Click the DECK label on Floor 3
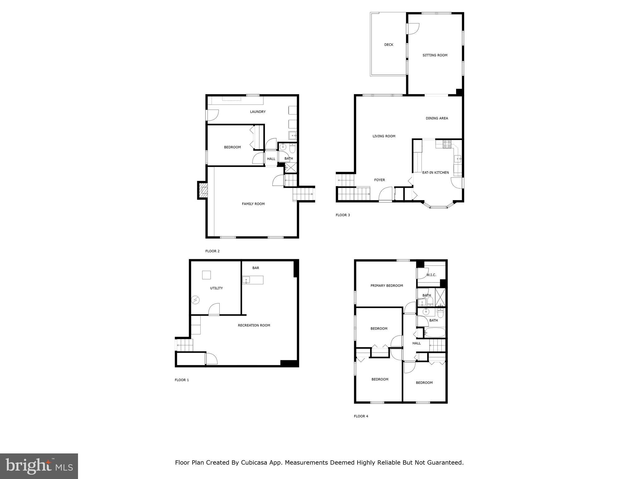point(388,45)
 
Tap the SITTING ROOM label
point(435,55)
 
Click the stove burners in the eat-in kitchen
point(447,144)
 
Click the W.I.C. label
point(431,275)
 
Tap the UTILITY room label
point(216,288)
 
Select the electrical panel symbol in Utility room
point(196,300)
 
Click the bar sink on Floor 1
point(246,280)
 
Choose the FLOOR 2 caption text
point(212,251)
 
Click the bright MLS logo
point(39,466)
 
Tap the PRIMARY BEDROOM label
point(387,285)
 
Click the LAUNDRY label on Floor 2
point(258,112)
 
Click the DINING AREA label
point(437,118)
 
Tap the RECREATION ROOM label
point(254,325)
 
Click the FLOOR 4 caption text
point(361,416)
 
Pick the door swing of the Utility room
point(214,309)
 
